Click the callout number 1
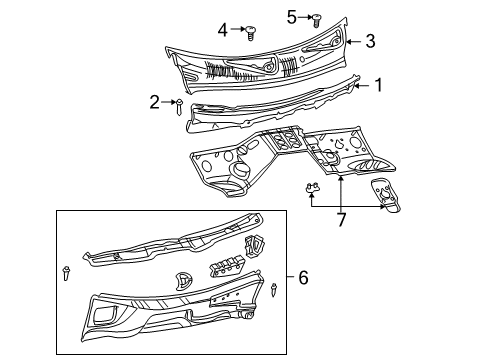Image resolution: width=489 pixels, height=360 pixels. pos(377,86)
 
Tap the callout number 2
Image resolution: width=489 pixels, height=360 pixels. pos(155,100)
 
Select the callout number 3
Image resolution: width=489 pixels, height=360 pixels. pos(370,41)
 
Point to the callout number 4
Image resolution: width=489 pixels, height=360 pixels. pos(223,29)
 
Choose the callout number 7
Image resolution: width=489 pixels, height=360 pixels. pos(341,219)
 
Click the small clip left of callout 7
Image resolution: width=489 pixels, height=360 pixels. pos(311,188)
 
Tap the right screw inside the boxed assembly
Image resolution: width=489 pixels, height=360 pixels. pos(273,291)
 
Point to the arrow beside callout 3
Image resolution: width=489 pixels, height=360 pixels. pos(352,41)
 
